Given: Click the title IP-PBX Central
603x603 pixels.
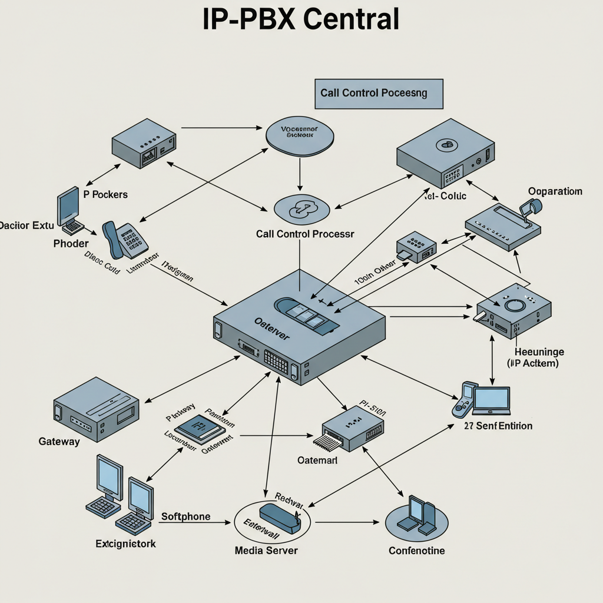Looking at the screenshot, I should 301,20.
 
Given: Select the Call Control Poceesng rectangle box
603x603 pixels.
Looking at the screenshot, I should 379,94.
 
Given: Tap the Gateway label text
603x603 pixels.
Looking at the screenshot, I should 59,442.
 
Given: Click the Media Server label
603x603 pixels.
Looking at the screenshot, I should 266,551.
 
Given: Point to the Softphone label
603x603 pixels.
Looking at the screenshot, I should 185,516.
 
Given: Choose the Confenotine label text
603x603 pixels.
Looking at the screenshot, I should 417,551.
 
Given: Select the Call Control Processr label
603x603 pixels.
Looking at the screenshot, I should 305,234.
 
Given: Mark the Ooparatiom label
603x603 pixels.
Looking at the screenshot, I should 555,191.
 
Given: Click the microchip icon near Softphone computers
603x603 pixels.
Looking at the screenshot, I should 199,428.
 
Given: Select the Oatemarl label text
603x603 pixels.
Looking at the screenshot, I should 317,460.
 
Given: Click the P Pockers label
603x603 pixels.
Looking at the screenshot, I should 105,194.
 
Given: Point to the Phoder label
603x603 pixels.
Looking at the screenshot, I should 71,243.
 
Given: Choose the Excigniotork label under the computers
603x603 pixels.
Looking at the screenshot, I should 125,544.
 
